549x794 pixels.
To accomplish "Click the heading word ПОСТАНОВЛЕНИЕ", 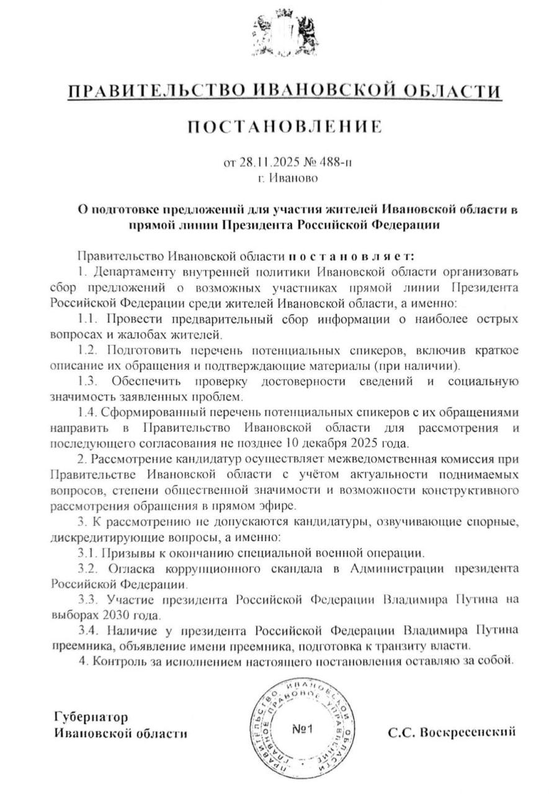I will (x=284, y=128).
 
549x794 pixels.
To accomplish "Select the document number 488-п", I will (x=335, y=164).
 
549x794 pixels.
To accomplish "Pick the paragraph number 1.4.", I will (x=89, y=413).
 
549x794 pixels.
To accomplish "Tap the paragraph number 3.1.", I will (x=89, y=552).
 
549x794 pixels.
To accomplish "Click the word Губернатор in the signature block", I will (x=91, y=718).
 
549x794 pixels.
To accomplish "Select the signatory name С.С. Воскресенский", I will (x=452, y=733).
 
